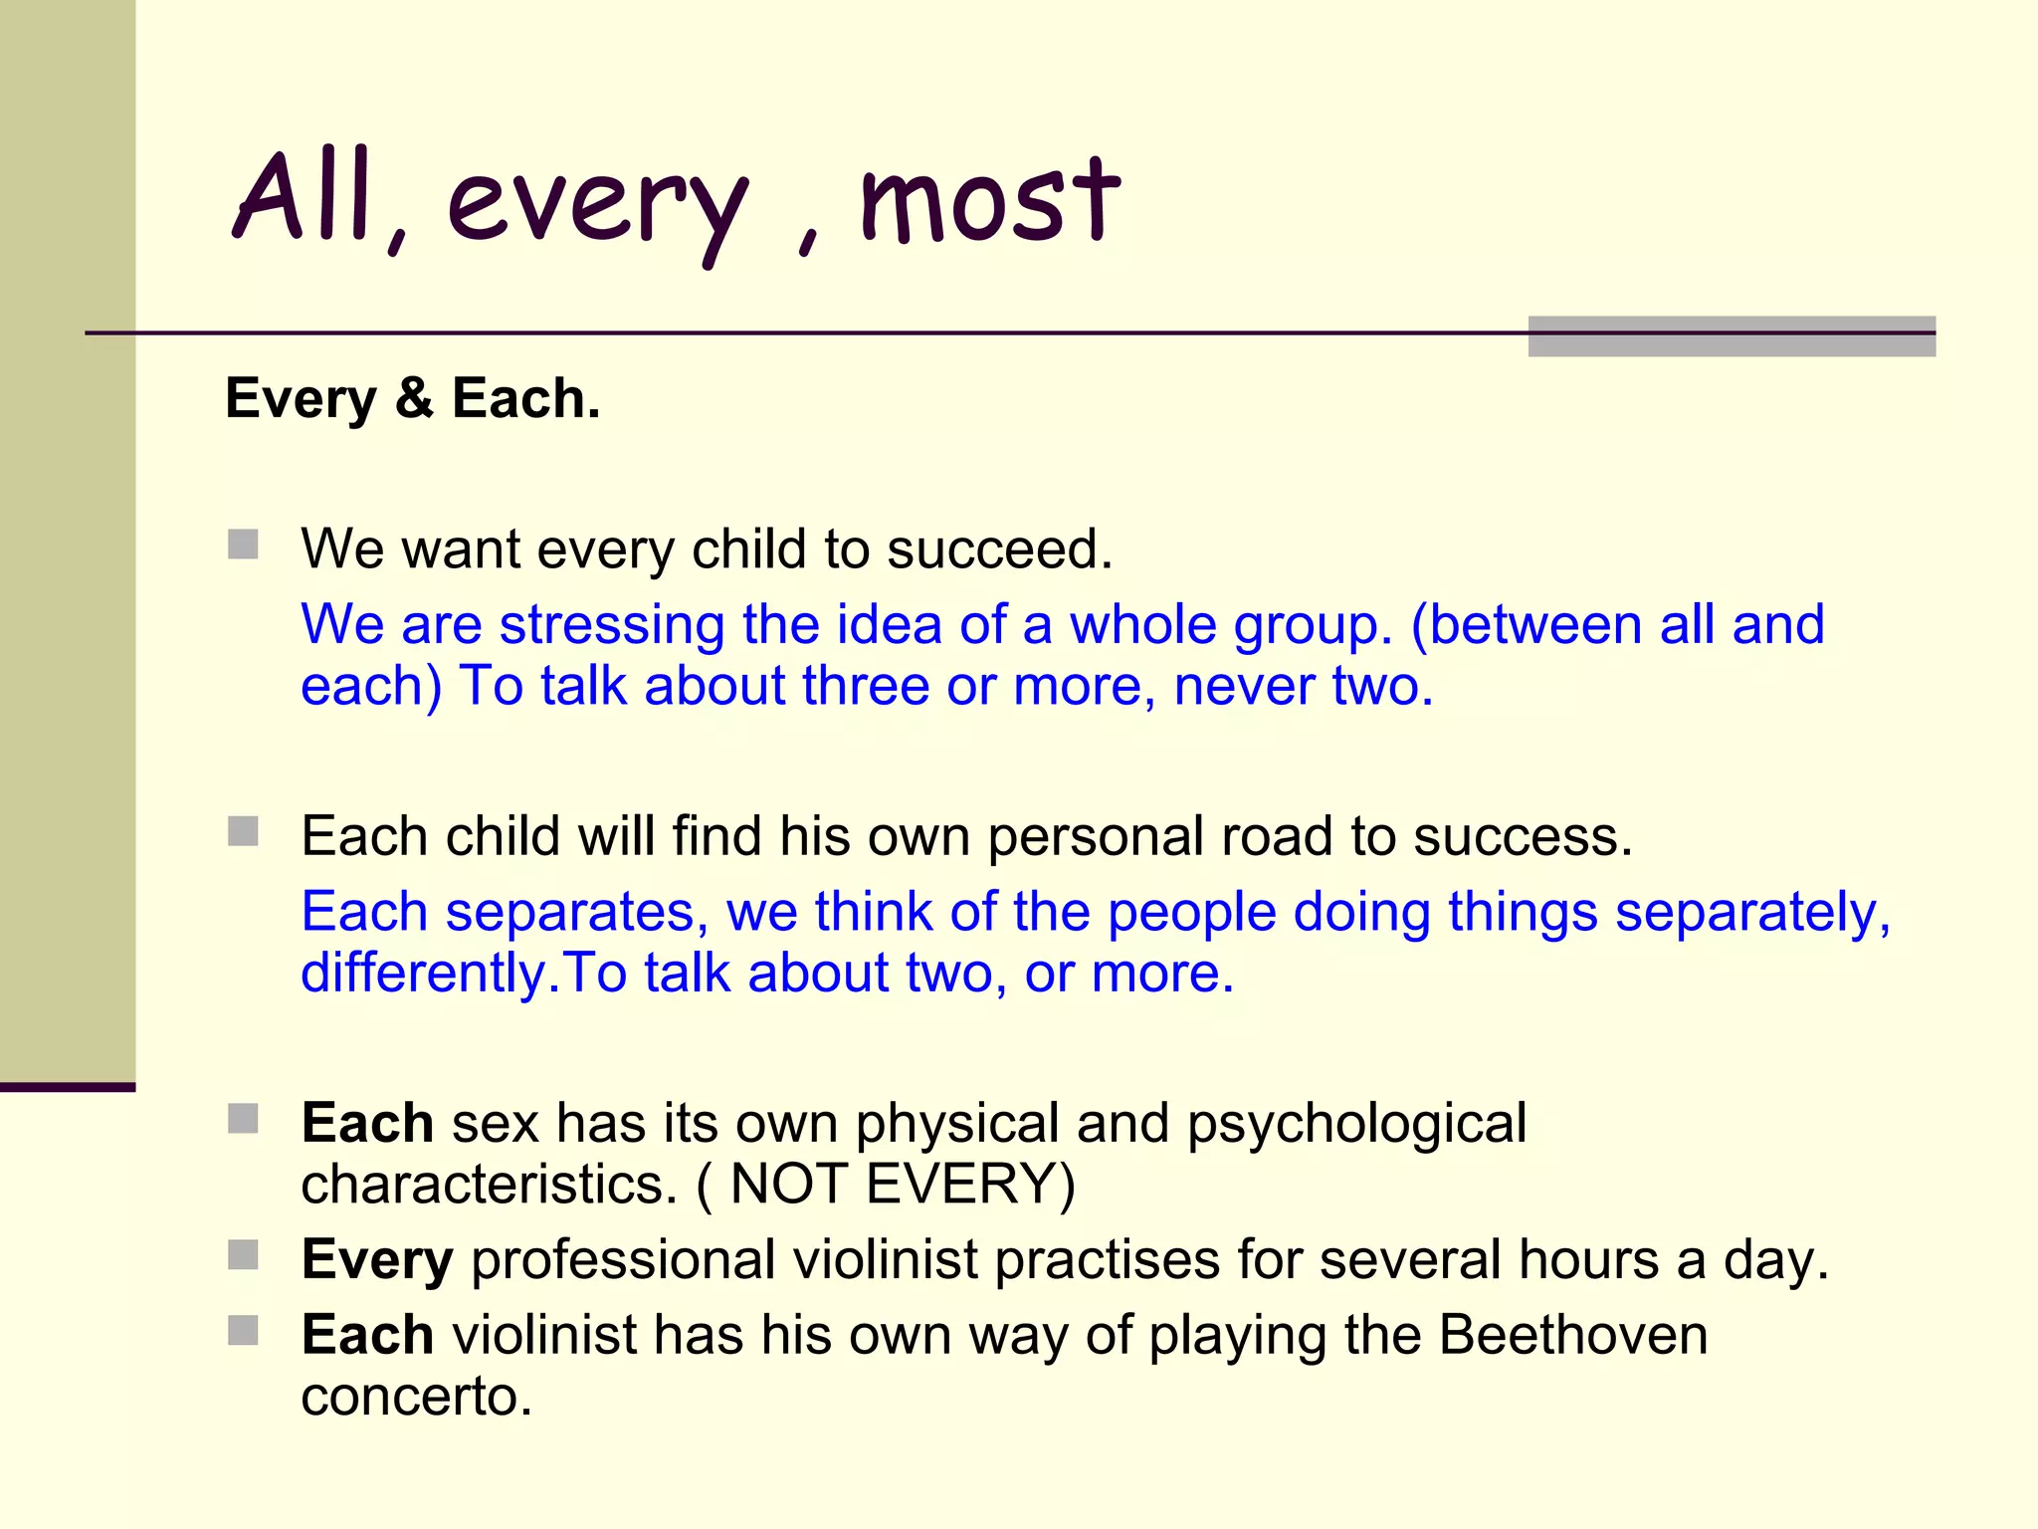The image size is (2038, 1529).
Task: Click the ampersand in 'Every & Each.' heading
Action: click(414, 398)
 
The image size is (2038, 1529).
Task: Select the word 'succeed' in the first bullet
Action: click(997, 548)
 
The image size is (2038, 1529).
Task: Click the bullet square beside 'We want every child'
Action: click(243, 545)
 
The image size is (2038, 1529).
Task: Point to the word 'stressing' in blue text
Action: click(611, 625)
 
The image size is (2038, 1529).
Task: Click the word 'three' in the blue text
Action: click(865, 686)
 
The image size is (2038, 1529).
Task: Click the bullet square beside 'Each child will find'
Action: click(243, 831)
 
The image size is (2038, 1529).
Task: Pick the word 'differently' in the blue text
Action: click(423, 973)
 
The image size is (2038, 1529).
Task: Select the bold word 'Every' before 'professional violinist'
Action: click(377, 1260)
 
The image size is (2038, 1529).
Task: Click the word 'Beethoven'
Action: click(1572, 1335)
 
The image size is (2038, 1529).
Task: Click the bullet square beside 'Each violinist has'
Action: click(243, 1331)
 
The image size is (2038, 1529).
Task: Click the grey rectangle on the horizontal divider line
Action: click(1732, 336)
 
